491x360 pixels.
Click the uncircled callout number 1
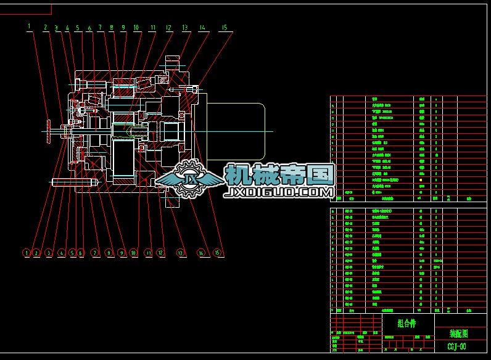[29, 26]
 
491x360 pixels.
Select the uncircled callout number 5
[77, 28]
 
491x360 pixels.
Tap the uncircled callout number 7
[100, 28]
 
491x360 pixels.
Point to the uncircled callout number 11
[152, 28]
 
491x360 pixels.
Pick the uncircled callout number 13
[184, 27]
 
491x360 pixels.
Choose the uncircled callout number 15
[224, 27]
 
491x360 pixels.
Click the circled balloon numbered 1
[27, 252]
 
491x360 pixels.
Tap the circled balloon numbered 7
[95, 252]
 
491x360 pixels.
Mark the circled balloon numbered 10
[133, 252]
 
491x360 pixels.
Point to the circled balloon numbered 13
[181, 252]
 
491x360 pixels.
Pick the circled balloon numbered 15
[217, 252]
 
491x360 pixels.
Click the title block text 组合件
[407, 322]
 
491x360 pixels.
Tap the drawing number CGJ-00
[457, 346]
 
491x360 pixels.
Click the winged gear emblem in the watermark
[189, 179]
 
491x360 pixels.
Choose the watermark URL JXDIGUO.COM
[281, 193]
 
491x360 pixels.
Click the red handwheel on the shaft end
[48, 130]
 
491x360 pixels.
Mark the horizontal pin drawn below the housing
[75, 182]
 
